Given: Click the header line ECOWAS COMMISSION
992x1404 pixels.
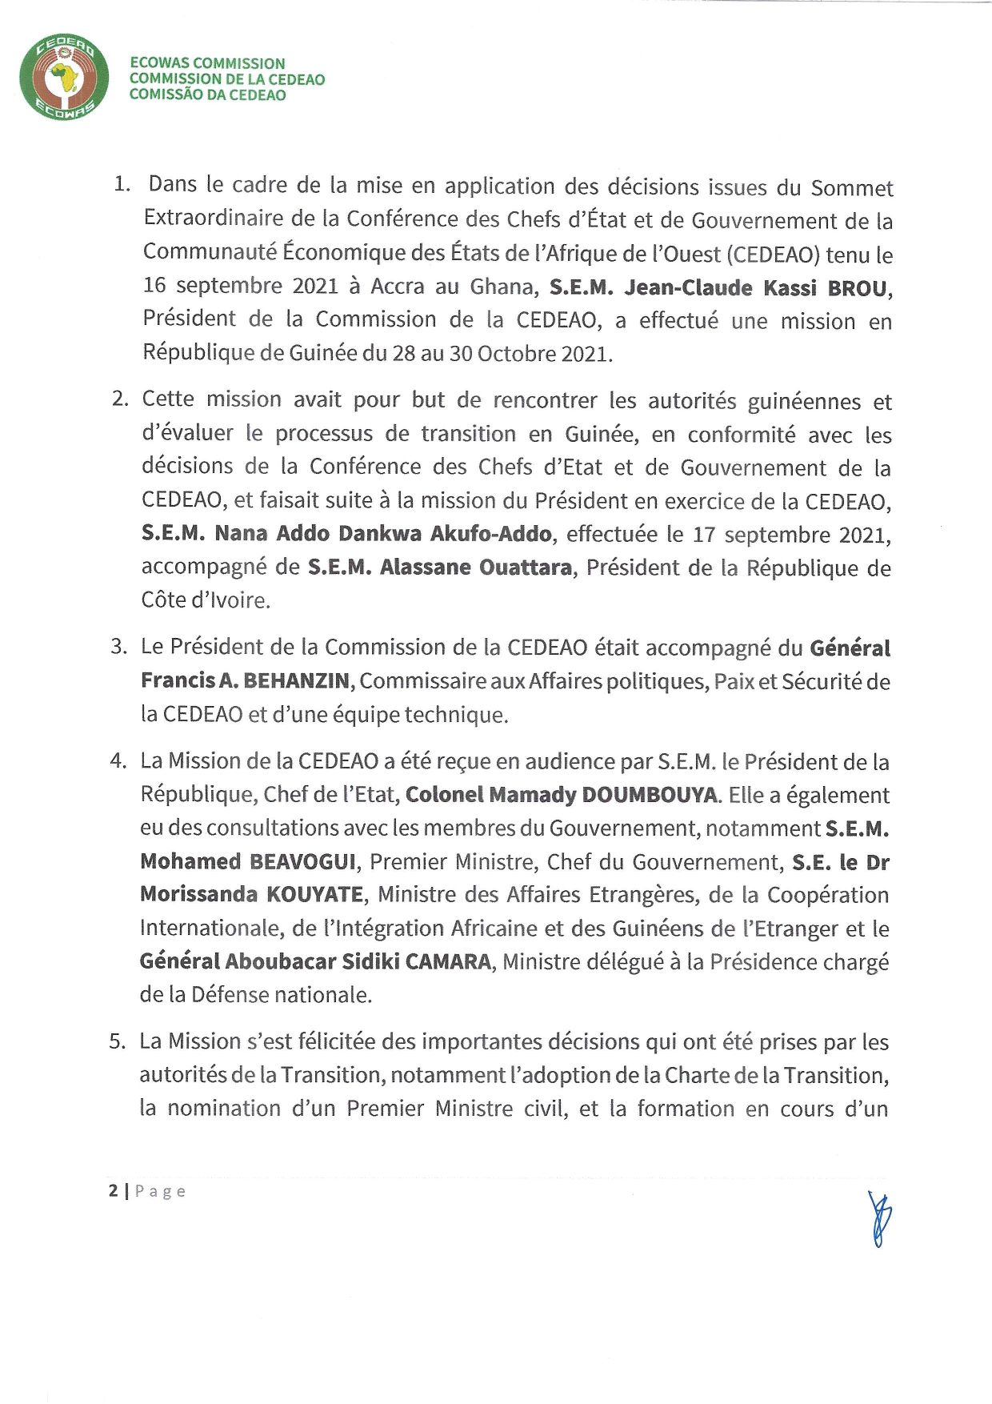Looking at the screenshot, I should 207,63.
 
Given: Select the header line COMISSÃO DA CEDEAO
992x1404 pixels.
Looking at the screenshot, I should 207,94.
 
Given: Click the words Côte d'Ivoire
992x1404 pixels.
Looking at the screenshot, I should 206,600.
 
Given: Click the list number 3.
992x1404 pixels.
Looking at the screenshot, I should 118,647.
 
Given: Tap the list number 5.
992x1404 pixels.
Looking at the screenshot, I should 118,1041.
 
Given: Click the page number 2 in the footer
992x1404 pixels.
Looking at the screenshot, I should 114,1191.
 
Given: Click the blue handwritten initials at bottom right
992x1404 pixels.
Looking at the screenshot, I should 878,1218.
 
